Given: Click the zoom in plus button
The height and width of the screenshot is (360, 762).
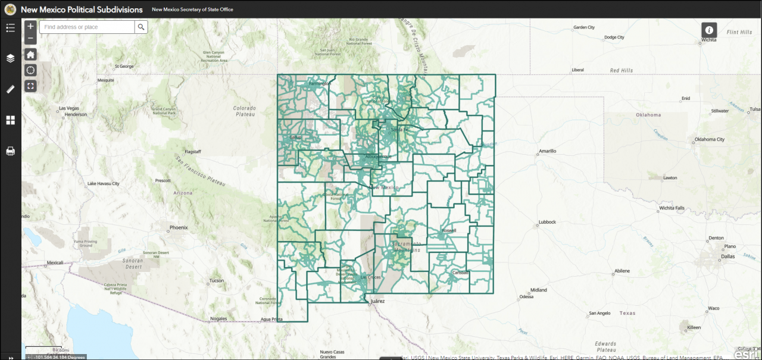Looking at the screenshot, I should click(30, 26).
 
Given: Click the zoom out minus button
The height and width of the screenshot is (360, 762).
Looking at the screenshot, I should click(30, 39).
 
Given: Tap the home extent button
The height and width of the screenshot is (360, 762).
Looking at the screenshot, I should click(30, 55).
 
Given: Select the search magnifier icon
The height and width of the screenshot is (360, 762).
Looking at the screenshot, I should click(141, 27).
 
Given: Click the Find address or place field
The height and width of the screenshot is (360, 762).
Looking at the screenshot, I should click(87, 27).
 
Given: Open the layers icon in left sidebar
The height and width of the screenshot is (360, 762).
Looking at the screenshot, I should click(10, 58).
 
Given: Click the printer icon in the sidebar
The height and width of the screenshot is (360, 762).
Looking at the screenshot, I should click(10, 151).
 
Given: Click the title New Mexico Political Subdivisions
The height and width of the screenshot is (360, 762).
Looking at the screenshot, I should click(82, 10).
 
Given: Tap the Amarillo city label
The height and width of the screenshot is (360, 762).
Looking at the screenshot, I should click(547, 151).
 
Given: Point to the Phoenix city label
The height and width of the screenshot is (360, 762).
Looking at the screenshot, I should click(179, 227).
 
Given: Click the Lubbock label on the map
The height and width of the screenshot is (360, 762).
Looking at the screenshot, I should click(546, 222).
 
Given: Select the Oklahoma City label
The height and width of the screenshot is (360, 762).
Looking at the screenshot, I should click(709, 139).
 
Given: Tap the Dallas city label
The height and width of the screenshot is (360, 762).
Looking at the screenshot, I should click(727, 256).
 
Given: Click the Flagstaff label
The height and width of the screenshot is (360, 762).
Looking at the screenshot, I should click(193, 151).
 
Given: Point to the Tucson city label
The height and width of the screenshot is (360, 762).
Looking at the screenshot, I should click(217, 280).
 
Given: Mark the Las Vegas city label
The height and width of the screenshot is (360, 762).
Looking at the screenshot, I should click(69, 108).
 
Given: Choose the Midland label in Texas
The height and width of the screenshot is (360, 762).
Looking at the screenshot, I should click(539, 290).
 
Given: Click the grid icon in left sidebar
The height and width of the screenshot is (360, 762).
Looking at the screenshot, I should click(10, 120).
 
